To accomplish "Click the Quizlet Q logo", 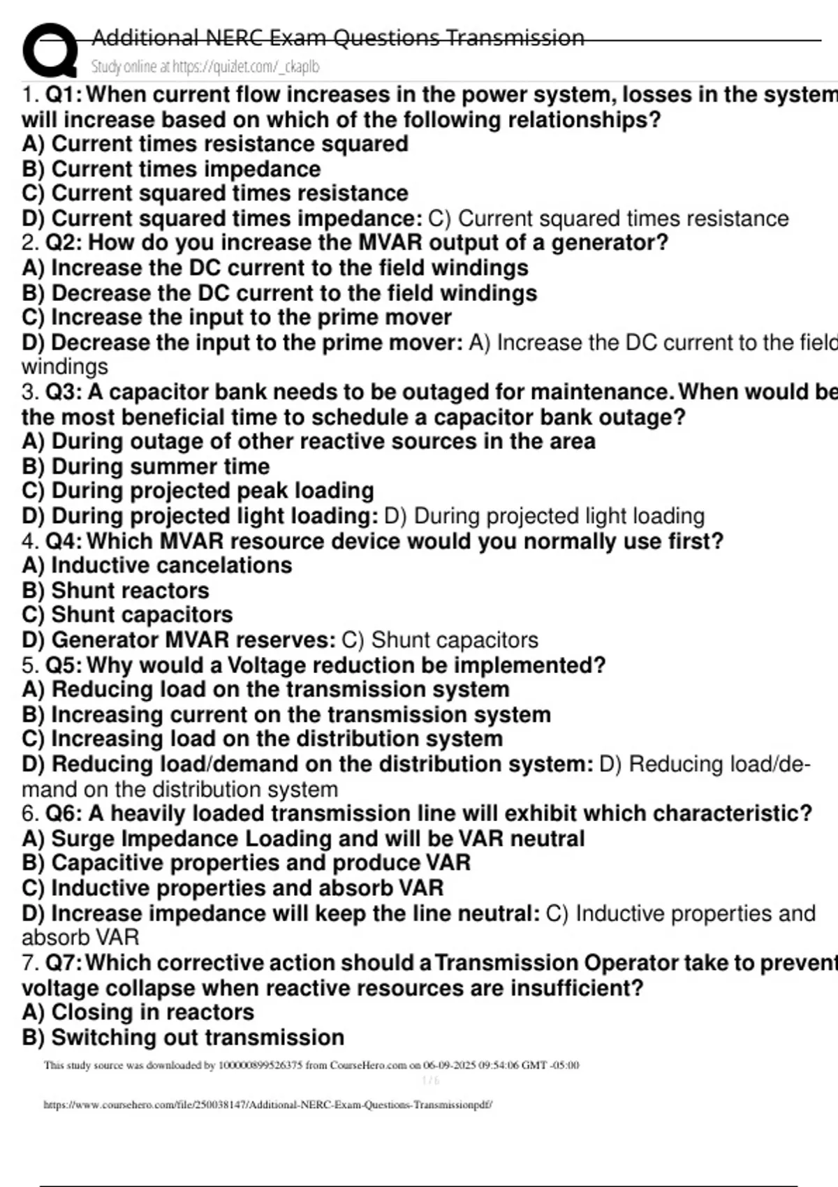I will coord(50,50).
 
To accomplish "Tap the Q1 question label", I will coord(63,94).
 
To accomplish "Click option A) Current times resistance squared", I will coord(215,144).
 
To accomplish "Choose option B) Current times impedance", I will coord(171,169).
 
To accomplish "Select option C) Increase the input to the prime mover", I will coord(237,318).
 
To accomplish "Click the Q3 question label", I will coord(63,392).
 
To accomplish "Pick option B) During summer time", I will coord(145,466).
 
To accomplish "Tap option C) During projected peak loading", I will coord(198,491).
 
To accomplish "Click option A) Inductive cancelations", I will coord(157,566).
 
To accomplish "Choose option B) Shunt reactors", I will coord(115,591).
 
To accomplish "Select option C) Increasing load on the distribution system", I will coord(262,739).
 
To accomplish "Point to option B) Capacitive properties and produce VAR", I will coord(246,863).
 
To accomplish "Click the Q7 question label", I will coord(63,963).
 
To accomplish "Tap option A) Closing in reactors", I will coord(138,1012).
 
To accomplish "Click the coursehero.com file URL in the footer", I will coord(268,1105).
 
